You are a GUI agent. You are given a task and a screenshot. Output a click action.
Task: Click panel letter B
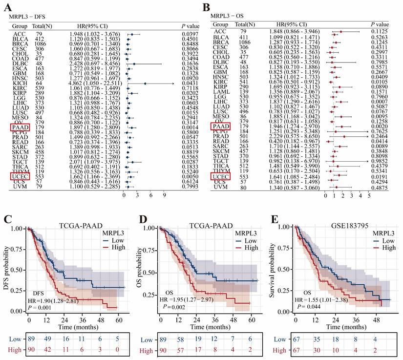pos(206,6)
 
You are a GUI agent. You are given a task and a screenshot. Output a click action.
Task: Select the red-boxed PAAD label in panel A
pos(19,127)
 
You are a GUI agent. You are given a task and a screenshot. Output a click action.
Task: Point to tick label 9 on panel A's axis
pos(164,194)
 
